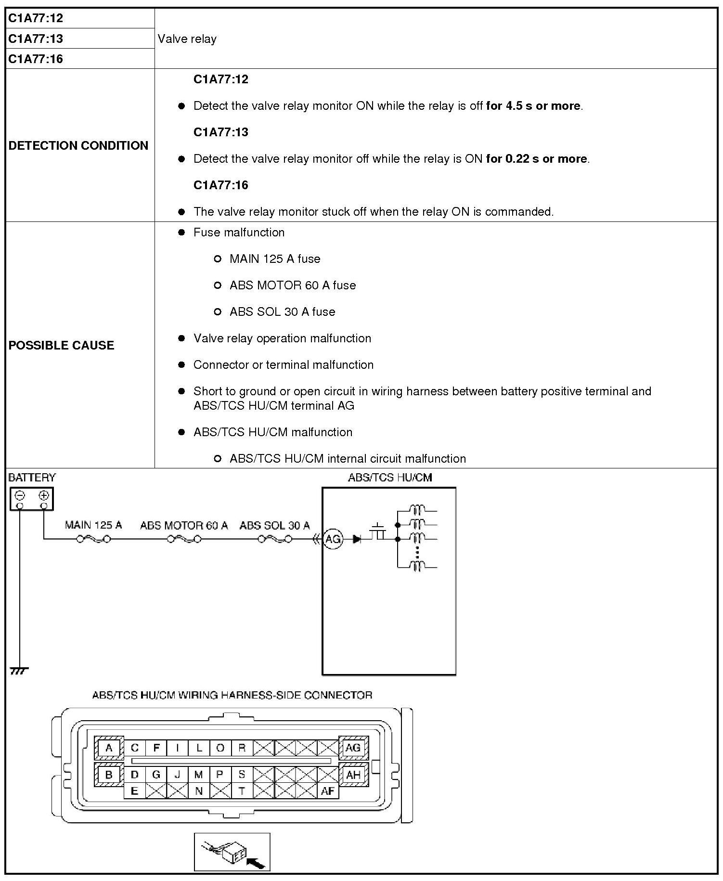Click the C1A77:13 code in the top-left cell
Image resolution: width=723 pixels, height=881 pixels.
click(36, 39)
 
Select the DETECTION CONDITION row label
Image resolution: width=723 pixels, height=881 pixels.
click(78, 145)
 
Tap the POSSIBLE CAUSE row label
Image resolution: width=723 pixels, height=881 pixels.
click(61, 345)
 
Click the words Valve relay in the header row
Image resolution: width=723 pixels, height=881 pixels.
click(187, 39)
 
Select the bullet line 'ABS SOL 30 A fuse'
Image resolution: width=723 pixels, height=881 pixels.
click(282, 312)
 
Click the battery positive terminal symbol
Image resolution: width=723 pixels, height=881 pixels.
click(44, 495)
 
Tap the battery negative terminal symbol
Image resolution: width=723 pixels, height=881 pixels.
click(20, 495)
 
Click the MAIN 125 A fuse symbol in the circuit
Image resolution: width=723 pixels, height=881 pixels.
click(93, 539)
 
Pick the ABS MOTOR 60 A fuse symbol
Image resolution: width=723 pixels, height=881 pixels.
click(184, 539)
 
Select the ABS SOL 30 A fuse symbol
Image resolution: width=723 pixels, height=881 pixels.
click(275, 539)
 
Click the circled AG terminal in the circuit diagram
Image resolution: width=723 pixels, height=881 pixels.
click(333, 539)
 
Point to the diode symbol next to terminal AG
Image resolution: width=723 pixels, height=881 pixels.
click(357, 539)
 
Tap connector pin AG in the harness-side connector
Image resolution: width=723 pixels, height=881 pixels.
click(353, 748)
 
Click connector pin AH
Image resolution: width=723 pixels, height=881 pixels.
click(353, 775)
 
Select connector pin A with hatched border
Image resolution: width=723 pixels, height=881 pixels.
click(109, 748)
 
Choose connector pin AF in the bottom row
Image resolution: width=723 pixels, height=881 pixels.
click(327, 791)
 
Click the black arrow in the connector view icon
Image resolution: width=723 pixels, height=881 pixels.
click(256, 863)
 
